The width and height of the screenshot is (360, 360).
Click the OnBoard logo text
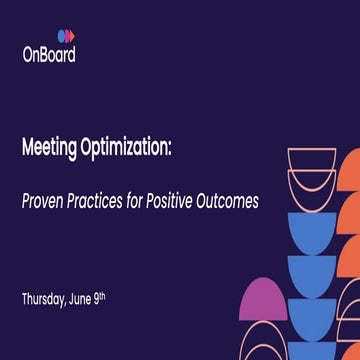[x=49, y=56]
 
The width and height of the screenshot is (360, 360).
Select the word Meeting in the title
[x=51, y=148]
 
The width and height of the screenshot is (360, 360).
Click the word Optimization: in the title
[x=127, y=148]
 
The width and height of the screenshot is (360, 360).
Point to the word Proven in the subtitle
[x=46, y=201]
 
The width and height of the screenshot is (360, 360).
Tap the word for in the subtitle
[x=145, y=201]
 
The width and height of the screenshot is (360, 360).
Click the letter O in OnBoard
[x=29, y=56]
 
